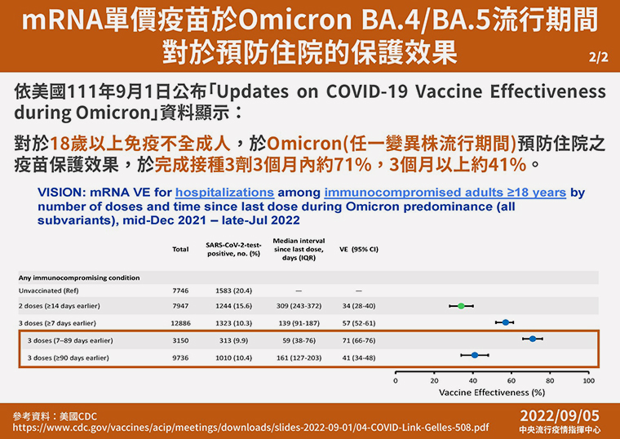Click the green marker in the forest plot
pos(461,306)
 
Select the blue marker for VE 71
pos(533,339)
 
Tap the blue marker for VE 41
pos(475,355)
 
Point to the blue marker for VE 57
pos(505,322)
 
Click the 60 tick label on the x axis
pos(511,380)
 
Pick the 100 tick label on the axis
pos(589,380)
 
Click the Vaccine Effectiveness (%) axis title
pos(492,392)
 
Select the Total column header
pos(180,249)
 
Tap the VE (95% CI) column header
pos(359,249)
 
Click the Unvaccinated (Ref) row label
pos(49,290)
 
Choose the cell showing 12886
pos(181,323)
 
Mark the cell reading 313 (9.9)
pos(233,340)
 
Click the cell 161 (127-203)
pos(299,358)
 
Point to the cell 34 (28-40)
pos(359,306)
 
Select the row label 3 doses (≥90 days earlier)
pos(68,358)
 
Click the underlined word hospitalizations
pos(224,193)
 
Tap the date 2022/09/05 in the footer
pos(560,416)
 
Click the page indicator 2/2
pos(598,58)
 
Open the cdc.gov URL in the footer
pos(250,428)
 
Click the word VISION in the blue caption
pos(60,193)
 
